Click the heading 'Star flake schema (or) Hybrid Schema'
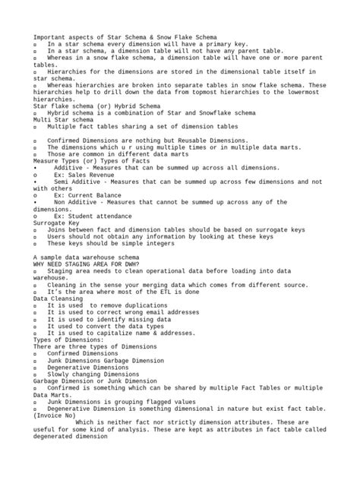click(96, 106)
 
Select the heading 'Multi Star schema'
click(63, 119)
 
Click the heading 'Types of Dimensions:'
click(70, 339)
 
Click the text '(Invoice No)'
click(54, 415)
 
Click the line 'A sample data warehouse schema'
click(86, 256)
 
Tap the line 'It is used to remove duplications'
click(106, 305)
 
